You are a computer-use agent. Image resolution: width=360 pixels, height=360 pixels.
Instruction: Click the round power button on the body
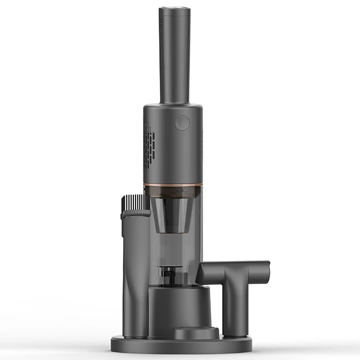tap(182, 123)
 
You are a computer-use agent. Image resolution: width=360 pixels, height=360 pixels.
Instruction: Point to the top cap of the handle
tap(174, 10)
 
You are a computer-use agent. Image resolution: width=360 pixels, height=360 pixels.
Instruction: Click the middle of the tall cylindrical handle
tap(174, 56)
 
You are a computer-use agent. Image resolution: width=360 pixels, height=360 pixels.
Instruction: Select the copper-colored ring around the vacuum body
tap(173, 184)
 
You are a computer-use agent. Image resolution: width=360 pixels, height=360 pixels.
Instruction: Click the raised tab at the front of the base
tap(195, 333)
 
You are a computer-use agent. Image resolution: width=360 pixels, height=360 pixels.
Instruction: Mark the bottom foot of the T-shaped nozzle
tap(236, 332)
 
